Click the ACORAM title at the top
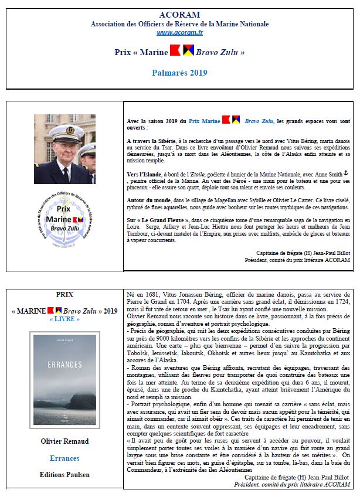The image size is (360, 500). click(180, 15)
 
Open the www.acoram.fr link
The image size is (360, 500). click(180, 33)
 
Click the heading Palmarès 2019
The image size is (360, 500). click(180, 73)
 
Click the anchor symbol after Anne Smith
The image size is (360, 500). click(346, 174)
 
